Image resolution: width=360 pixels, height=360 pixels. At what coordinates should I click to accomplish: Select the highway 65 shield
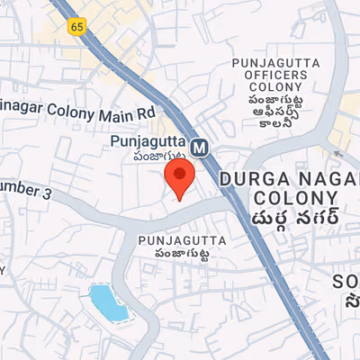tap(76, 27)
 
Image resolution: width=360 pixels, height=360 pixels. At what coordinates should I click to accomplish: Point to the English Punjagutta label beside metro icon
tap(148, 142)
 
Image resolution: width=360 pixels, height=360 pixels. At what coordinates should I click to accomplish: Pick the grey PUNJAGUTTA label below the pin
tap(177, 240)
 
